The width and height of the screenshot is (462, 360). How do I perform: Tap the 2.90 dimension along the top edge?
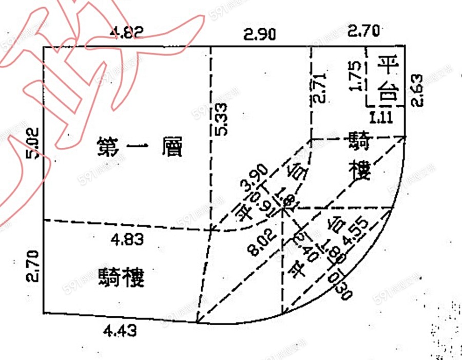(x=259, y=35)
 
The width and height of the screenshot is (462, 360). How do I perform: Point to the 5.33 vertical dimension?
(x=221, y=120)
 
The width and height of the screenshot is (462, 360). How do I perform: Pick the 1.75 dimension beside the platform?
(x=357, y=77)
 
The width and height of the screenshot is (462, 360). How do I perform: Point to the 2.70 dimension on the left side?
(x=33, y=265)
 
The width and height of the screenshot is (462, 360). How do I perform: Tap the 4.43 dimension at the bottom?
(x=120, y=332)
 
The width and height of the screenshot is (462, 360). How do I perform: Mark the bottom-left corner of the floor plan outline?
(x=43, y=312)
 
